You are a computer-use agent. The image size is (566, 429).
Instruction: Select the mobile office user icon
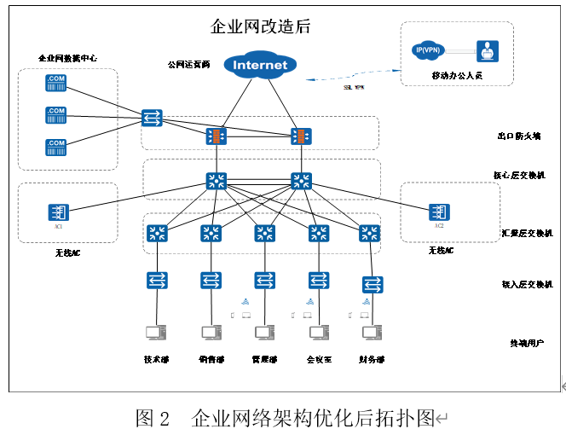[x=487, y=52]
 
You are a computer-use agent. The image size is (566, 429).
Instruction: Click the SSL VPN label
[x=354, y=87]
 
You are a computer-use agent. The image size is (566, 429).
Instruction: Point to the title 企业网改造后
[x=260, y=26]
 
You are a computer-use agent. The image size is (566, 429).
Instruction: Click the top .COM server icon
[x=56, y=82]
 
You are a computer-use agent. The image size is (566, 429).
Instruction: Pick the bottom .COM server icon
[x=56, y=146]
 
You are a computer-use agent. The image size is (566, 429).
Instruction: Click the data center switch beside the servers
[x=154, y=117]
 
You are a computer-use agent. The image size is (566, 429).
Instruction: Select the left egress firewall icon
[x=217, y=136]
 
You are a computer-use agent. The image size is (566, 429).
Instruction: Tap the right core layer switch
[x=301, y=181]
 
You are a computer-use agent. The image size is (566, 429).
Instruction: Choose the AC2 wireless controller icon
[x=439, y=211]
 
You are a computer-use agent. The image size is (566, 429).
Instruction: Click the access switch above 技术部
[x=156, y=280]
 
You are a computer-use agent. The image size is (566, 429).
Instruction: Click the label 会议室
[x=319, y=359]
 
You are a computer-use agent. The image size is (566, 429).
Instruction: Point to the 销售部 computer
[x=211, y=333]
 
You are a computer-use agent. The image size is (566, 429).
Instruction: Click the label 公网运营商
[x=188, y=64]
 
